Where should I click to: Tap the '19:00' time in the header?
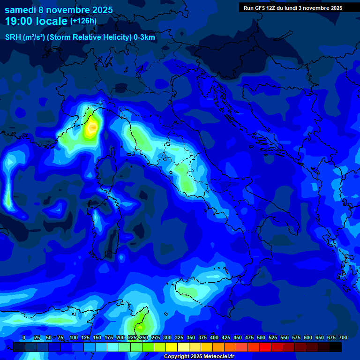18,21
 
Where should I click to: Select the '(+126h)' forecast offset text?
83,21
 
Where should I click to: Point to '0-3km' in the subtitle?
144,37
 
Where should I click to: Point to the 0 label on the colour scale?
24,338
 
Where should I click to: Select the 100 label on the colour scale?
74,338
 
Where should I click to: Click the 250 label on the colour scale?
144,338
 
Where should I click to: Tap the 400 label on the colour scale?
214,338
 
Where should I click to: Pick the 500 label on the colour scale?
261,338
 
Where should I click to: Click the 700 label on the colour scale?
343,338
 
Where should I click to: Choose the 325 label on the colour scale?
179,338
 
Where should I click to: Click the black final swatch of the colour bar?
336,347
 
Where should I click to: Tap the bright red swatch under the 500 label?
265,347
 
